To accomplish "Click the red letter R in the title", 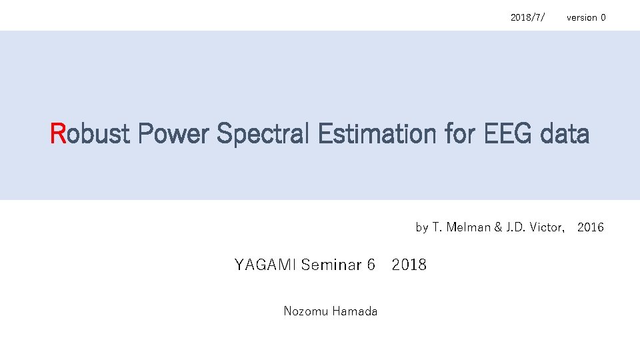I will click(x=59, y=134).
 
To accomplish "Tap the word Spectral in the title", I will click(x=264, y=134).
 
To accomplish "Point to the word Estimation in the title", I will click(x=372, y=134).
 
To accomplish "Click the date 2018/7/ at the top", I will click(x=527, y=17).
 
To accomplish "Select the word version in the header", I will click(x=581, y=17).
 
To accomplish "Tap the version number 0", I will click(x=603, y=17).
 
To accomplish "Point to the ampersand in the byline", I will click(x=497, y=227).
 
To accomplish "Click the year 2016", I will click(x=591, y=227).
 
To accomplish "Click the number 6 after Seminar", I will click(x=371, y=265).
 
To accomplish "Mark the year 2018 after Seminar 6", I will click(x=409, y=265).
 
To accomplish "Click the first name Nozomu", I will click(x=303, y=311).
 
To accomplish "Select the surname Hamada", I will click(x=354, y=311).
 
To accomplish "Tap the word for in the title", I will click(x=459, y=134).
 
